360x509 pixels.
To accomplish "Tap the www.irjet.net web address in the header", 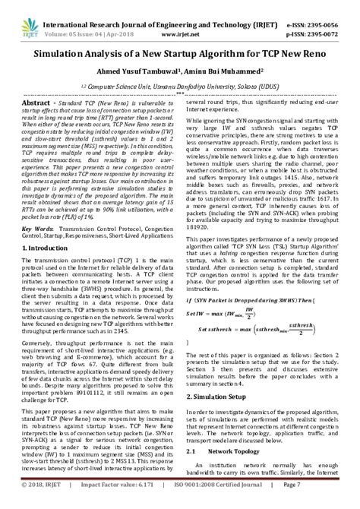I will click(x=180, y=24).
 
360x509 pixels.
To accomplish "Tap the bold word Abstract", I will click(x=39, y=102).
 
